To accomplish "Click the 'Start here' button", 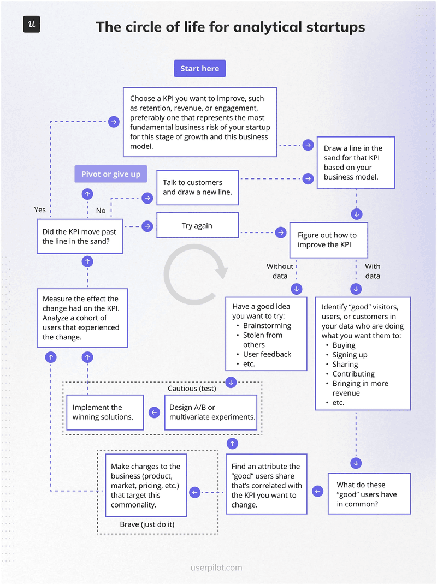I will click(199, 69).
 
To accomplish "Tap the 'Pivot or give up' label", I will click(111, 174).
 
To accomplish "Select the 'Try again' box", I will click(197, 225).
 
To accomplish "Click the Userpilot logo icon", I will click(32, 25).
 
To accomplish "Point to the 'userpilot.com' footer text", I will click(217, 568).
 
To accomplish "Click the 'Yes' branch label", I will click(40, 210).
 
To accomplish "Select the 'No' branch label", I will click(101, 210).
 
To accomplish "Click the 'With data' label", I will click(373, 271).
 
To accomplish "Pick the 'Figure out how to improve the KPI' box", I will click(328, 240).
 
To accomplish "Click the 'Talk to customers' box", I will click(197, 187).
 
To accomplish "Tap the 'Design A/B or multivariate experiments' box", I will click(211, 412).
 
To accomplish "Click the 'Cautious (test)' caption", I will click(192, 389).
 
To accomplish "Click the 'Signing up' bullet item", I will click(350, 355).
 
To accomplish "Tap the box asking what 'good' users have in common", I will click(369, 494).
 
